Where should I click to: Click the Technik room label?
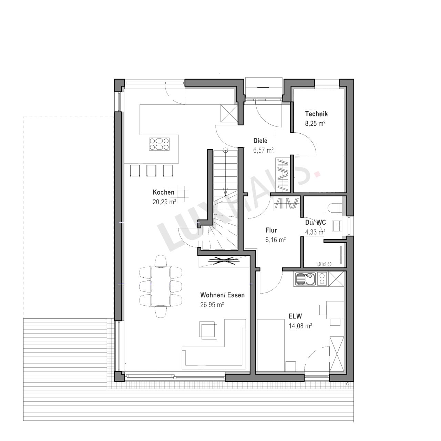pos(316,114)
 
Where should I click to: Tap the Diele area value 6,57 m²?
pos(264,150)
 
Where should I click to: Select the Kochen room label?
pos(163,192)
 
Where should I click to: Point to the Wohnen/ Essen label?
pos(222,295)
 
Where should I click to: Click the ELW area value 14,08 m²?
pos(300,326)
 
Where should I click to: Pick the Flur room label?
pos(271,230)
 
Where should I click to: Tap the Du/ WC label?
pos(315,223)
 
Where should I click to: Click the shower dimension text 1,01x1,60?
pos(324,264)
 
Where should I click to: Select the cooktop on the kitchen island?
pos(159,144)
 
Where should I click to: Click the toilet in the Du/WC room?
pos(335,208)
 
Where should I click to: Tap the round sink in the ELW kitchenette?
pos(300,279)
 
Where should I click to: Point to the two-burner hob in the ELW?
pos(322,279)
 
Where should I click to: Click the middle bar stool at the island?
pos(151,171)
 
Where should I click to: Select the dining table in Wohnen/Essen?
pos(161,286)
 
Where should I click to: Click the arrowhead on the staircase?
pos(225,191)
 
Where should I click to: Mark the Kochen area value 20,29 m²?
pos(164,202)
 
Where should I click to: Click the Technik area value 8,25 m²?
pos(315,124)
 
